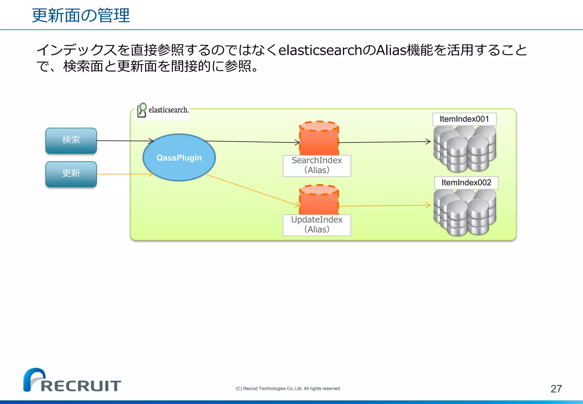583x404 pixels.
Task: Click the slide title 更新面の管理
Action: click(81, 15)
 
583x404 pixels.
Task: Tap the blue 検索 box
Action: click(71, 140)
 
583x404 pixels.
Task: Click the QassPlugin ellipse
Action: click(179, 158)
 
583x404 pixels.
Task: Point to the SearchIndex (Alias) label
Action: click(317, 166)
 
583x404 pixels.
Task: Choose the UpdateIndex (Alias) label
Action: click(317, 225)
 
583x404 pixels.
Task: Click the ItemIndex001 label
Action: click(464, 119)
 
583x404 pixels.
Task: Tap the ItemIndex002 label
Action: click(466, 183)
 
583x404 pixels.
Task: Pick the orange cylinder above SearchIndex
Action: click(319, 138)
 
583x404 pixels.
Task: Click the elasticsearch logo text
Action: click(168, 110)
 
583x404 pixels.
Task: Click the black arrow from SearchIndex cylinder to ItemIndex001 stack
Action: click(384, 142)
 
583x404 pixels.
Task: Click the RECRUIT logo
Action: click(72, 381)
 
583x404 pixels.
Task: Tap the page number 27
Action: click(556, 389)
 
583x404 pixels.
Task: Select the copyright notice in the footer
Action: click(288, 389)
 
